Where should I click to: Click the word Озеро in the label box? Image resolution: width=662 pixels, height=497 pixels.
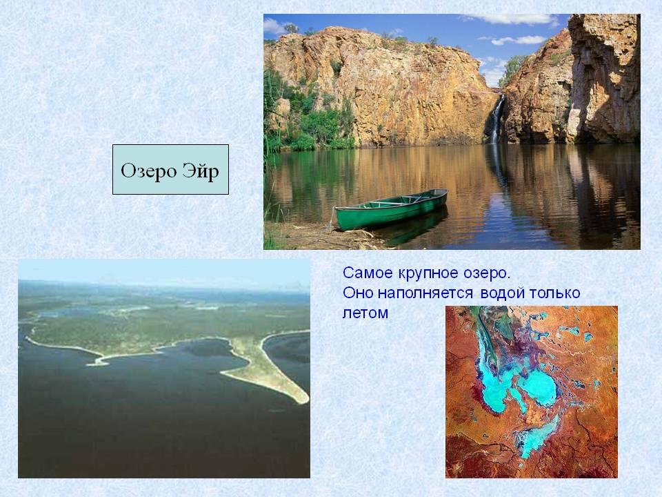(x=148, y=170)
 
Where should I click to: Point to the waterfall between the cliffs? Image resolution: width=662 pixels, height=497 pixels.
(x=496, y=119)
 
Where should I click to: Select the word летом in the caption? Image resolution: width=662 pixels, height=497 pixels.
(x=365, y=313)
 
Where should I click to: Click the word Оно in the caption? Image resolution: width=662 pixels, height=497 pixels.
(x=358, y=293)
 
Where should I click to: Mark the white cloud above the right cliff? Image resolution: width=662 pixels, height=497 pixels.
(x=519, y=40)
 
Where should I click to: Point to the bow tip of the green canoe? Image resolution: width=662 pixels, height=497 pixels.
(x=446, y=191)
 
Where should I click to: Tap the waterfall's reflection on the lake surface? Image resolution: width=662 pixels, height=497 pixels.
(x=497, y=165)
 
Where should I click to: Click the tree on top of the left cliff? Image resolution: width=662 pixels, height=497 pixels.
(x=291, y=28)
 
